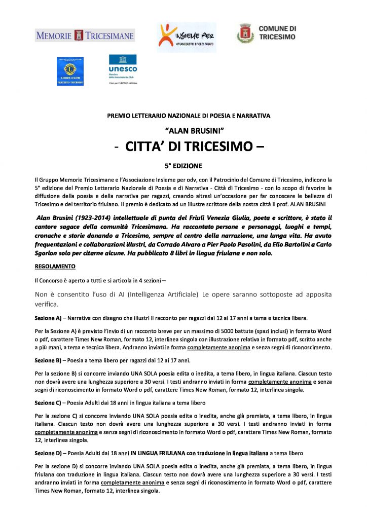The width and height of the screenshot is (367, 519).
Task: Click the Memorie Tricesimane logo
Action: [85, 35]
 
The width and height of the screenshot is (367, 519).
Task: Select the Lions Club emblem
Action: [70, 71]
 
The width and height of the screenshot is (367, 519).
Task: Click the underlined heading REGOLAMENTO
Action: [55, 266]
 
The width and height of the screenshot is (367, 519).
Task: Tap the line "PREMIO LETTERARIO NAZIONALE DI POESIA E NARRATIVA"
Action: [189, 116]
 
